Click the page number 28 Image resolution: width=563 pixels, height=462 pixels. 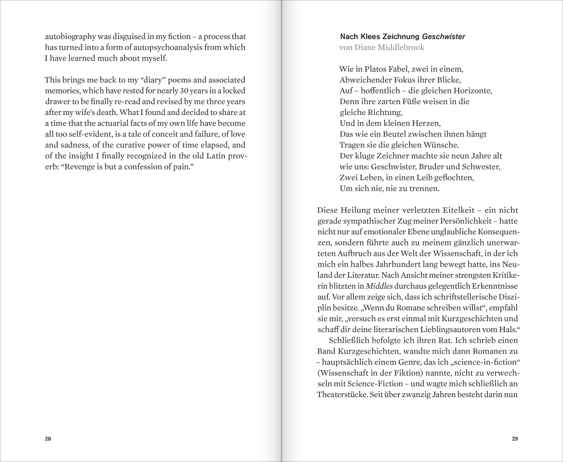(x=48, y=438)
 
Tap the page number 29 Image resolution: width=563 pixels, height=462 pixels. (x=515, y=438)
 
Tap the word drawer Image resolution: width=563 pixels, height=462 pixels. (x=57, y=102)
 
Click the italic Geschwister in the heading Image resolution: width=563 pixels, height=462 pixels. (x=444, y=37)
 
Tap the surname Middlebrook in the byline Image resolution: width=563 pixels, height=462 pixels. (x=400, y=48)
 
